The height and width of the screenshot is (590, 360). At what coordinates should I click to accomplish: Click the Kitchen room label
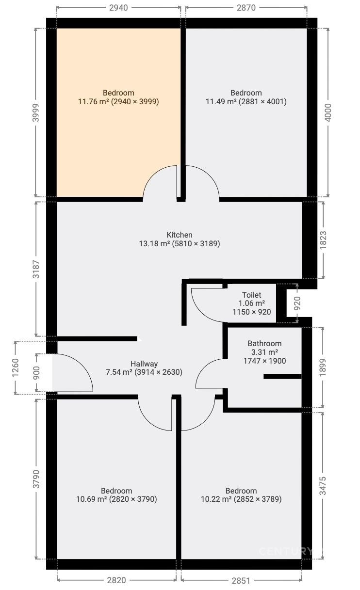point(179,235)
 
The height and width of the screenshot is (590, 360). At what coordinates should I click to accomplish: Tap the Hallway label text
point(144,364)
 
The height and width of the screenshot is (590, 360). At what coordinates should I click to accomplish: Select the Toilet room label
point(252,295)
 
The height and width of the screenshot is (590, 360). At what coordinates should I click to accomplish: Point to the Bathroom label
point(264,343)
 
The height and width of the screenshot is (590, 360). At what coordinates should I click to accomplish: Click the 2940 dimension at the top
point(118,8)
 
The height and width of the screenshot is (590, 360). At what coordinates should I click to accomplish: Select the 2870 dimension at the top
point(246,8)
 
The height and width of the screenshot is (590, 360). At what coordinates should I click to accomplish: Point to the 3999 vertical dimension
point(36,113)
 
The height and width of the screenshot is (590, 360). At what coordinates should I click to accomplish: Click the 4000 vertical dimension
point(328,113)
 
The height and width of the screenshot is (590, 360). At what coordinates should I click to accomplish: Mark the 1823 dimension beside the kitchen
point(323,240)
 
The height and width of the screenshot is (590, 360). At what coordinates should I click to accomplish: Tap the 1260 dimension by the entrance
point(16,367)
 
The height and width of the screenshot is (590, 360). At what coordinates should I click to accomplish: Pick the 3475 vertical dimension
point(323,486)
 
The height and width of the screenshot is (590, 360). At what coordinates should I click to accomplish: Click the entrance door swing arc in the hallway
point(84,366)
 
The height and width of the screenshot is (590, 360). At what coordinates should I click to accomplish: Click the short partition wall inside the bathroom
point(282,376)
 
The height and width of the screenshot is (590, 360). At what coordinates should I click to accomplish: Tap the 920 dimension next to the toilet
point(297,303)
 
